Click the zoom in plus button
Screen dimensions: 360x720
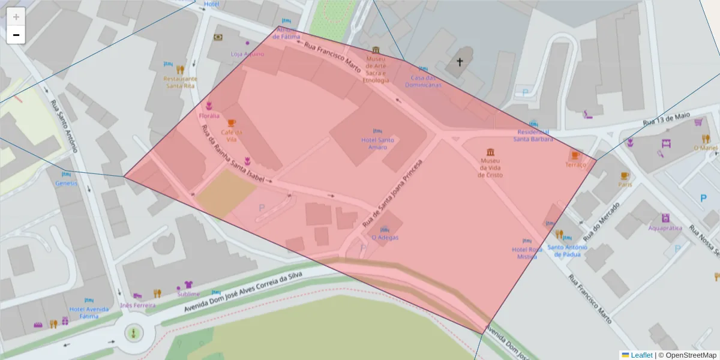click(16, 17)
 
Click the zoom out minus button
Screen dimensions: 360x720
click(16, 35)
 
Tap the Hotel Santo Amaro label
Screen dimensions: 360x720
click(377, 143)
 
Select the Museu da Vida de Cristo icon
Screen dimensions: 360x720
click(491, 151)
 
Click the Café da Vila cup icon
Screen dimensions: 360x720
click(232, 124)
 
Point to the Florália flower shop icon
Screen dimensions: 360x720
click(209, 106)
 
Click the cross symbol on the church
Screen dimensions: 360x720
click(460, 61)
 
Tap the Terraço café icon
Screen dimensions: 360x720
click(575, 155)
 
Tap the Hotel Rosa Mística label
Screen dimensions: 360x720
click(527, 253)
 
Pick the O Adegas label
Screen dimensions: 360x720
click(385, 237)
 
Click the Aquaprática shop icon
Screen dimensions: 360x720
click(665, 218)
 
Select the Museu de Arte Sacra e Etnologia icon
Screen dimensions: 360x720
click(376, 50)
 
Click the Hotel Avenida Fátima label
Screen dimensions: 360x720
click(89, 313)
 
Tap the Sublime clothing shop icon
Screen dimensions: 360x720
click(188, 284)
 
